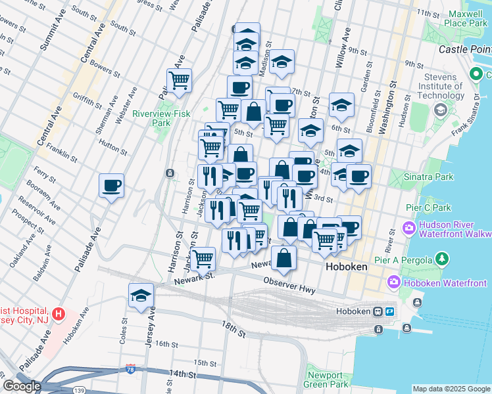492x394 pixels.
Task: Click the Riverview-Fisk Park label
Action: (x=160, y=118)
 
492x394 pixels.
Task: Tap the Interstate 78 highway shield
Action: (x=132, y=370)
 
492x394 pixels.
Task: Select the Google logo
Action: (x=22, y=386)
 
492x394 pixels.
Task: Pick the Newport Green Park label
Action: (x=328, y=380)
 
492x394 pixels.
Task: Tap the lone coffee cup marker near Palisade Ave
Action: (x=112, y=185)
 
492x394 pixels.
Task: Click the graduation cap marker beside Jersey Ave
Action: (x=141, y=295)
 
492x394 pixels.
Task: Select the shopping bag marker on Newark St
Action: (x=283, y=259)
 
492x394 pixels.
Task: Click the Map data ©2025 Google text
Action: (x=451, y=389)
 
